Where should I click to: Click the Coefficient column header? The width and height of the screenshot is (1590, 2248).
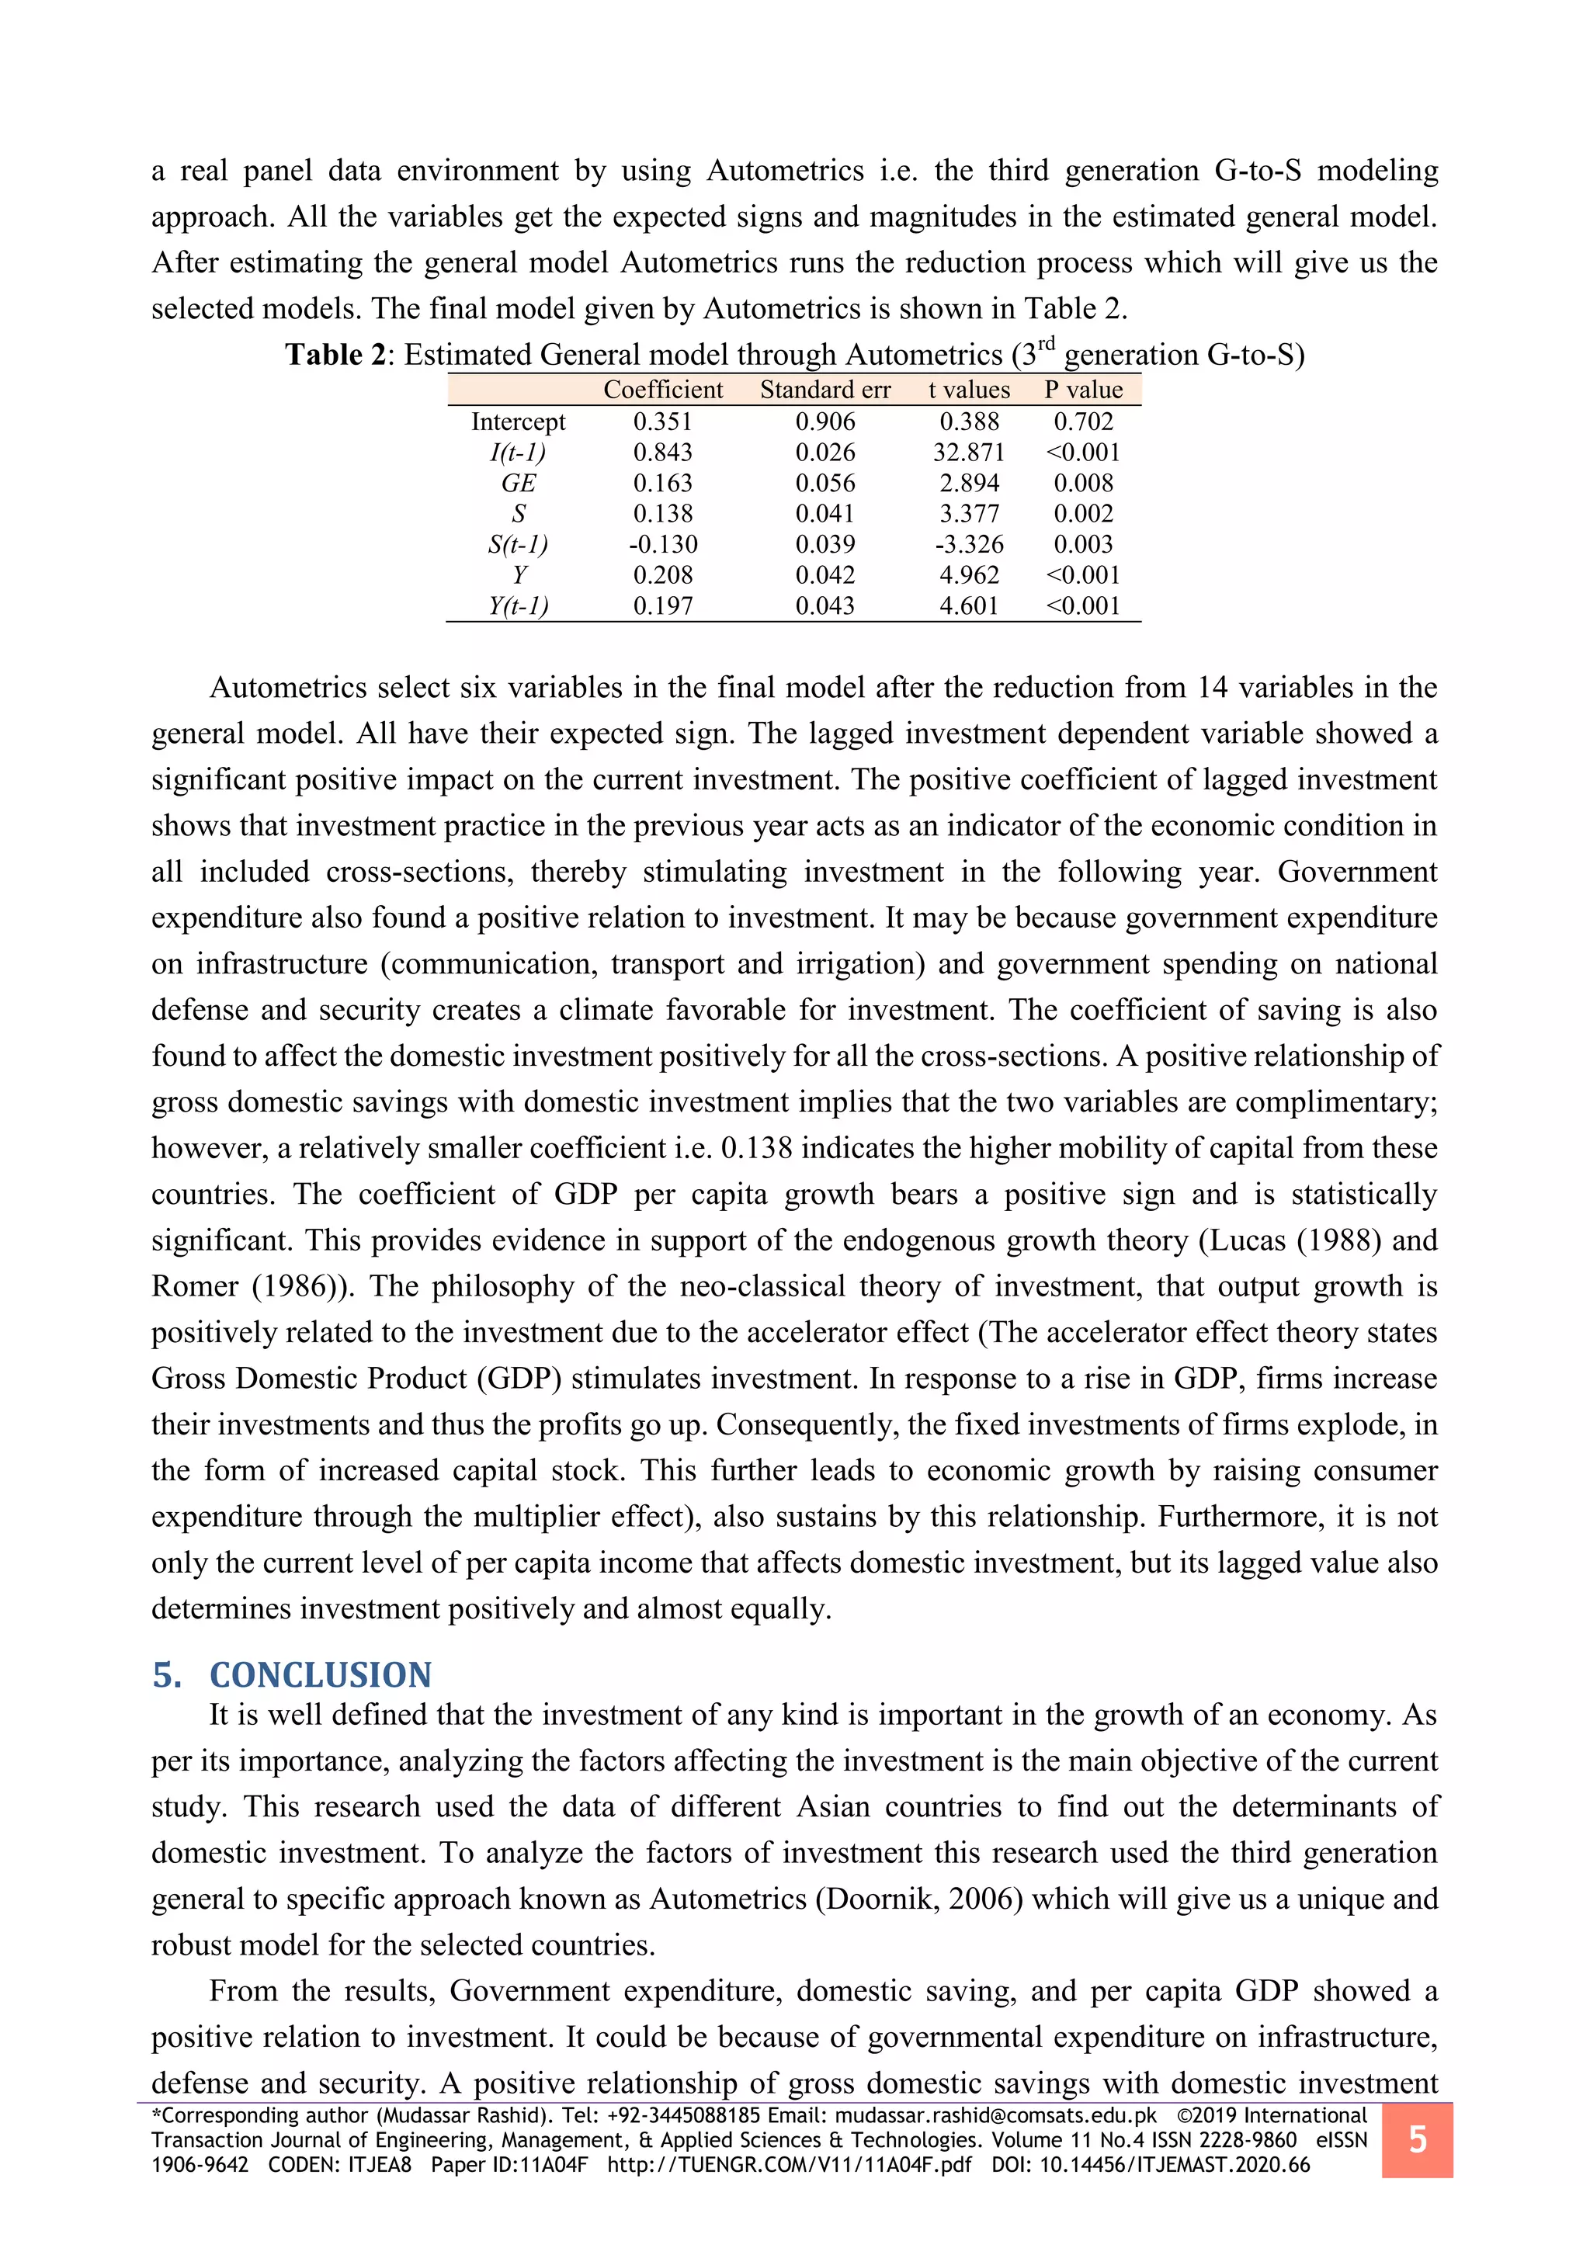click(x=663, y=390)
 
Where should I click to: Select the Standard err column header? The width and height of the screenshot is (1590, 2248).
click(x=825, y=390)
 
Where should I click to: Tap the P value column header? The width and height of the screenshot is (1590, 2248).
click(x=1083, y=390)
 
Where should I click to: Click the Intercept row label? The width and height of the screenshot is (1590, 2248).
click(x=518, y=422)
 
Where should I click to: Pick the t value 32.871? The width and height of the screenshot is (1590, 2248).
click(x=968, y=453)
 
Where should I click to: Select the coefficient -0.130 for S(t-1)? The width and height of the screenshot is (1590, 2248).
click(x=663, y=544)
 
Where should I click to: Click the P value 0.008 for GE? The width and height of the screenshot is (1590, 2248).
click(x=1083, y=483)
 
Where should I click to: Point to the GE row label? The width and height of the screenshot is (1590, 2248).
click(x=518, y=483)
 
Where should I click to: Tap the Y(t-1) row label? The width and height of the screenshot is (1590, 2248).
click(x=518, y=606)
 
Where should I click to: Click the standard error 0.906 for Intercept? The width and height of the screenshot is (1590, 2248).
click(x=825, y=422)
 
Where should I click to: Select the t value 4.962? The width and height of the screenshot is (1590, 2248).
click(x=968, y=574)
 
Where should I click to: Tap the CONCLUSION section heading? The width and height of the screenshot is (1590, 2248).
click(x=320, y=1675)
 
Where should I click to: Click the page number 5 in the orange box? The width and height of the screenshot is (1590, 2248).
click(x=1417, y=2139)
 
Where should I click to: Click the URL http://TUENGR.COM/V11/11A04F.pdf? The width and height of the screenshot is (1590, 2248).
click(x=789, y=2165)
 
